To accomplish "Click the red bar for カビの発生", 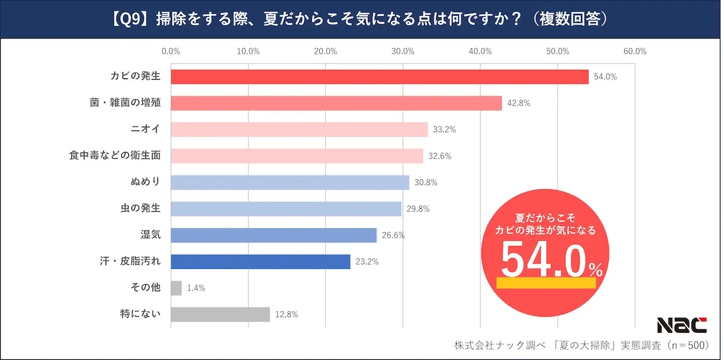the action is [x=379, y=77].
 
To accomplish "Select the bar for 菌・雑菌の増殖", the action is [x=337, y=103].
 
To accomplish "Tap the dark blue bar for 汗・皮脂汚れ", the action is [x=261, y=262].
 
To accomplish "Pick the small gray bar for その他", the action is [x=176, y=288].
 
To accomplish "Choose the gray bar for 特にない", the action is [x=220, y=314].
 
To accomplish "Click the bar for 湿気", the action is [x=274, y=235].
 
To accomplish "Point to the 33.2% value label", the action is [x=445, y=130].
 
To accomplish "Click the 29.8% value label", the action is [x=418, y=209].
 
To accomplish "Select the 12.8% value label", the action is [x=287, y=314].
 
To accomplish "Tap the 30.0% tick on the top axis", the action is [x=403, y=51].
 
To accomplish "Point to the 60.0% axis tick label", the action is [x=635, y=51].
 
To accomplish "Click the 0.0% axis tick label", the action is [x=171, y=51].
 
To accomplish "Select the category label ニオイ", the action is [x=145, y=129].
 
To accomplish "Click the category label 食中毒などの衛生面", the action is [x=115, y=156].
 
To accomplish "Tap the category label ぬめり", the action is [x=145, y=182].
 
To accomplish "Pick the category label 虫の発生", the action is [x=141, y=208].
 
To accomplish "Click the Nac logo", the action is [x=682, y=325].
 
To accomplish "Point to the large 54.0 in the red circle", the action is [x=544, y=260].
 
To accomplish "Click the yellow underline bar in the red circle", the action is [x=546, y=283].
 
